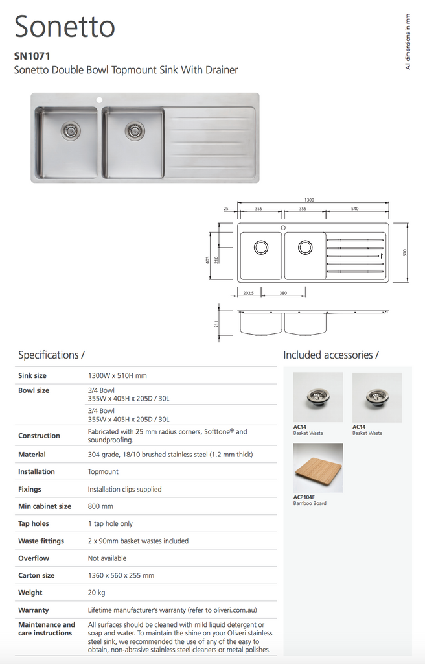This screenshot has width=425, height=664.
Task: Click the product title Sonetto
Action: point(65,27)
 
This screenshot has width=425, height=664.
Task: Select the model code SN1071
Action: point(32,56)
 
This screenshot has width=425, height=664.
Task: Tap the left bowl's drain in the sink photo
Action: point(71,130)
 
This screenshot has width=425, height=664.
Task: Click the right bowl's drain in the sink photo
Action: point(135,130)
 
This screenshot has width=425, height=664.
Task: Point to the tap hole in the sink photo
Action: point(100,101)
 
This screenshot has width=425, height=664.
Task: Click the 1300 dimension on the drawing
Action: point(309,200)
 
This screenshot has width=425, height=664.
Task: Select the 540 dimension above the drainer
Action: point(354,209)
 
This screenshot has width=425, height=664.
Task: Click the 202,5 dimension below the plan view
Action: point(248,293)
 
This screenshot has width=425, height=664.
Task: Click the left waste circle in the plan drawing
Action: point(260,247)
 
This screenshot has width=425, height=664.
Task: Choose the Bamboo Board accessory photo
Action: point(318,468)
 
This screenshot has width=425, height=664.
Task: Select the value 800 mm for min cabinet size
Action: point(100,506)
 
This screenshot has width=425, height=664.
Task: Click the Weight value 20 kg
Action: point(97,593)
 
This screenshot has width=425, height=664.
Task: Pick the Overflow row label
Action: point(34,558)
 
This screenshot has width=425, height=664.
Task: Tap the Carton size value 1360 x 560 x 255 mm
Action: point(121,576)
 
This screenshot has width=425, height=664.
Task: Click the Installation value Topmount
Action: point(103,472)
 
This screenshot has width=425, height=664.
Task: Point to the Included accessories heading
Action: point(330,355)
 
